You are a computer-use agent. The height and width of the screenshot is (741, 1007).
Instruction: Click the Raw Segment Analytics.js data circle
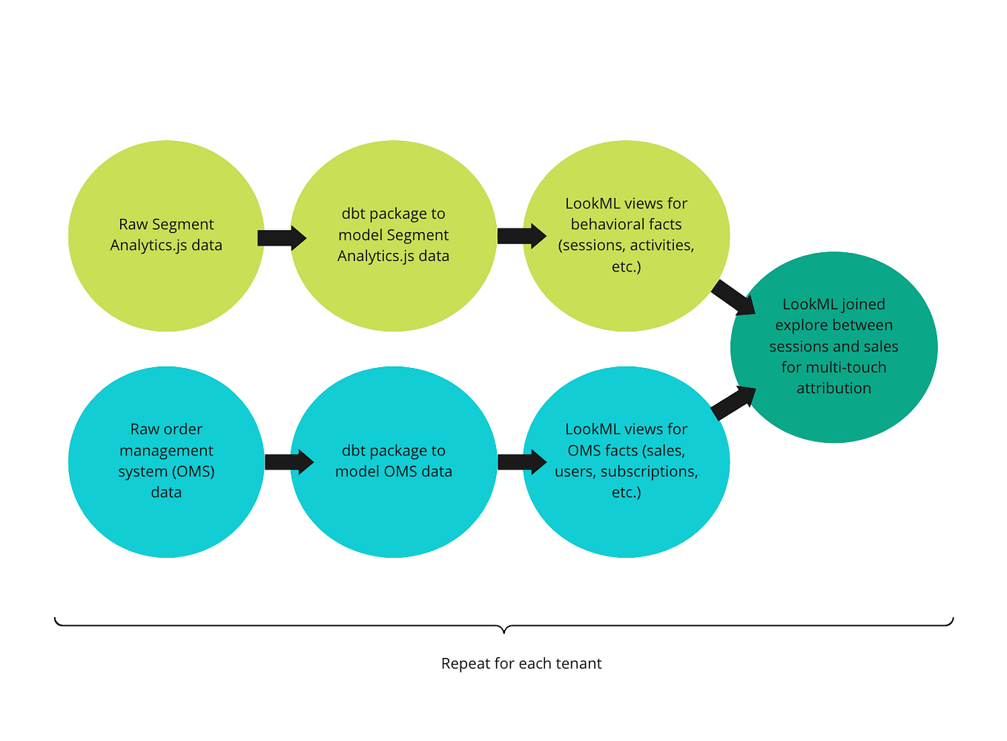point(166,235)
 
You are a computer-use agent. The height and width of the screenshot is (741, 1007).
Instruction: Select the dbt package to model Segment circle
point(393,235)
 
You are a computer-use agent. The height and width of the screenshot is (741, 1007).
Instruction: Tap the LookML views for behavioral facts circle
point(626,235)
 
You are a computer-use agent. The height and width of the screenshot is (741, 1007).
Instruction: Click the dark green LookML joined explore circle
point(833,346)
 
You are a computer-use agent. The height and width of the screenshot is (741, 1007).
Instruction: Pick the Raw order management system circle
point(166,461)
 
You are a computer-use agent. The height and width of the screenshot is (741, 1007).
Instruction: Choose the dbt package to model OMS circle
point(393,461)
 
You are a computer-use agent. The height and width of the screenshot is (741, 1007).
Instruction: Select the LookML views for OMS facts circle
point(626,461)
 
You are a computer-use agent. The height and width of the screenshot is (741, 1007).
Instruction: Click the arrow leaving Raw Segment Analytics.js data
point(281,237)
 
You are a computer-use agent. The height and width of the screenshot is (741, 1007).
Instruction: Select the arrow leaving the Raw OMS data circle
point(288,462)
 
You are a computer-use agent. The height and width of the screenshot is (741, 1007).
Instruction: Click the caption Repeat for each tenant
point(521,663)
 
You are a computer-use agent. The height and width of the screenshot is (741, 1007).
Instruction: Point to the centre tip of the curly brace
point(504,631)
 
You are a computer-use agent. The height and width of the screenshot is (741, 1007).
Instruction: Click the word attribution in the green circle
point(833,388)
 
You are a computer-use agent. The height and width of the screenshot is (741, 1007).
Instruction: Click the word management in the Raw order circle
point(166,450)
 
